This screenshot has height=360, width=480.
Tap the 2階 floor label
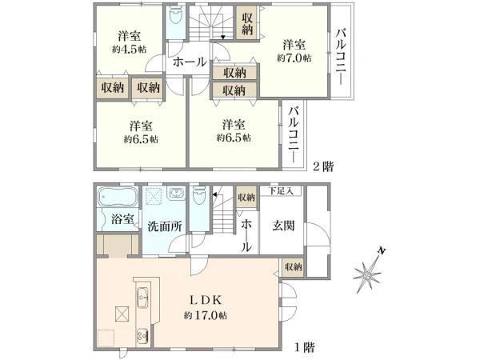[323, 166]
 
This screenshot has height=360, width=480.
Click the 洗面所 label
[166, 226]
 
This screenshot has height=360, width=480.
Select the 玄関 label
[284, 226]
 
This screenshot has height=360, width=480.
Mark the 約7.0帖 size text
[294, 58]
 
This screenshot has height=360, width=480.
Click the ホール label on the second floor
[189, 62]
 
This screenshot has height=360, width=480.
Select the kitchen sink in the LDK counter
[145, 299]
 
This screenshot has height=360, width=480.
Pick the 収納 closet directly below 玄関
[292, 266]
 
